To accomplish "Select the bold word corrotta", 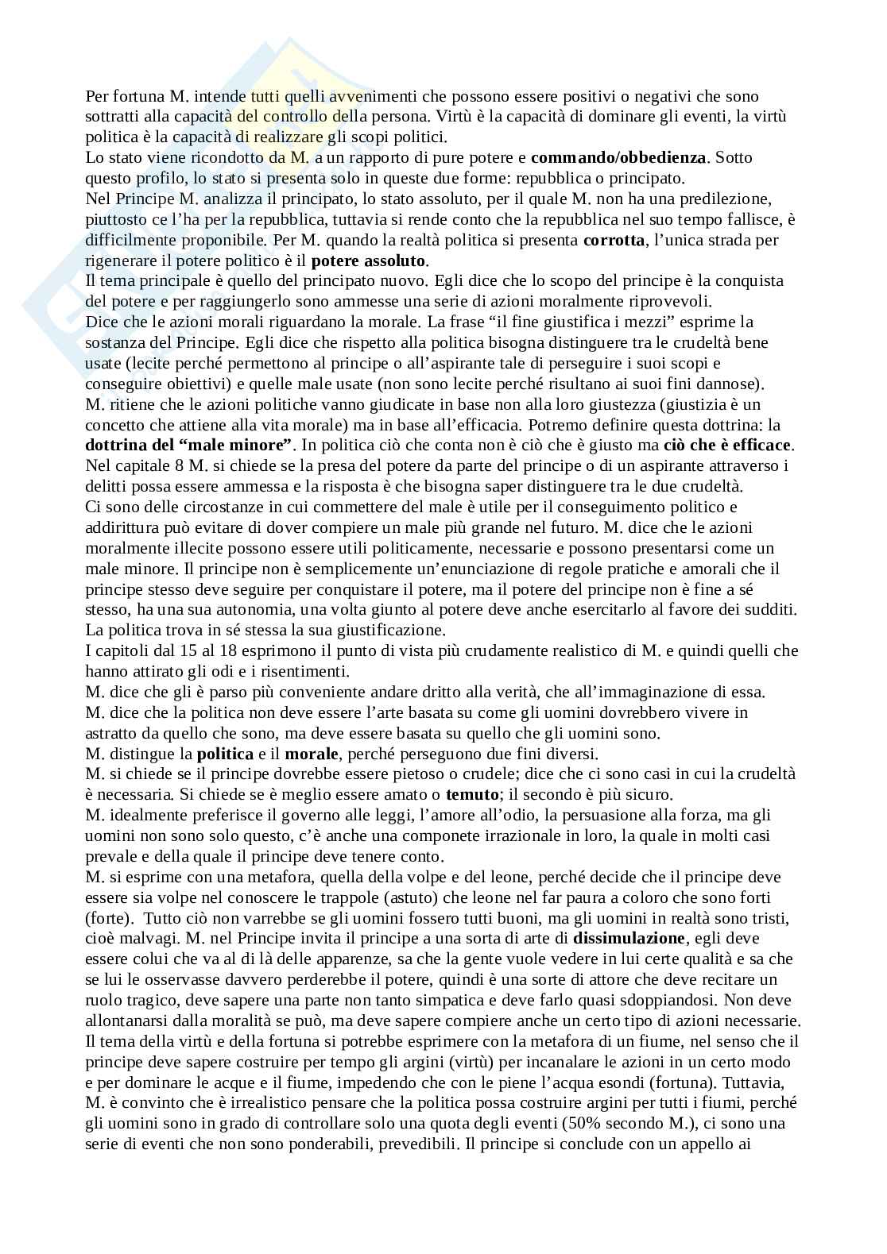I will pyautogui.click(x=614, y=240).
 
